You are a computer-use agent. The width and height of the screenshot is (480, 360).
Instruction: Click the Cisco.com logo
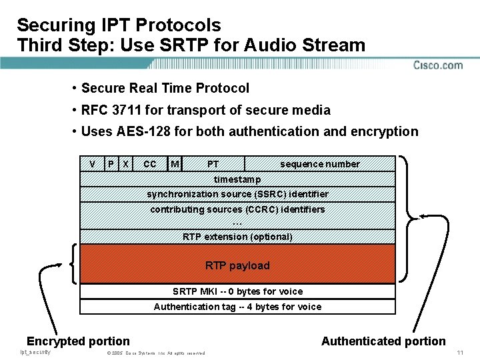click(x=438, y=65)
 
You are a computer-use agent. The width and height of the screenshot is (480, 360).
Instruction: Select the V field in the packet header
click(x=92, y=164)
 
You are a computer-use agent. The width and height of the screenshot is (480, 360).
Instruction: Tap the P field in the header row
click(x=111, y=164)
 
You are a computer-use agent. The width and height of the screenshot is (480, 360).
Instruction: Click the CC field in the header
click(x=150, y=164)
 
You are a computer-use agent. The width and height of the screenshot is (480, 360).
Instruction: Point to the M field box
click(x=175, y=164)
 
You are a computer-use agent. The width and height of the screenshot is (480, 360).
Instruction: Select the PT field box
click(x=213, y=164)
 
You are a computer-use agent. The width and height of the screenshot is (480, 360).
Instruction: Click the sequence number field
click(x=319, y=164)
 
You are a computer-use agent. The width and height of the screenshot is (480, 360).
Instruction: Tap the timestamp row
click(x=237, y=179)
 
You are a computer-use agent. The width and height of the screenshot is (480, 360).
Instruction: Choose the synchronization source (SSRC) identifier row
click(x=237, y=194)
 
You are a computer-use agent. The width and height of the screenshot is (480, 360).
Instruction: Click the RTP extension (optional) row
click(x=237, y=237)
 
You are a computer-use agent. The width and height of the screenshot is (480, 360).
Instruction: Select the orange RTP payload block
click(x=237, y=265)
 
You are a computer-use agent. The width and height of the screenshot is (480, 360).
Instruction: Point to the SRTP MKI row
click(x=237, y=291)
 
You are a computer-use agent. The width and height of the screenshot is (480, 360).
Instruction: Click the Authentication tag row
click(x=237, y=307)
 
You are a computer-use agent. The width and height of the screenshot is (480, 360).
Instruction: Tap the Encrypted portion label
click(x=78, y=341)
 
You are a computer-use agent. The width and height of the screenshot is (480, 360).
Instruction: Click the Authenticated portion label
click(x=383, y=341)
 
